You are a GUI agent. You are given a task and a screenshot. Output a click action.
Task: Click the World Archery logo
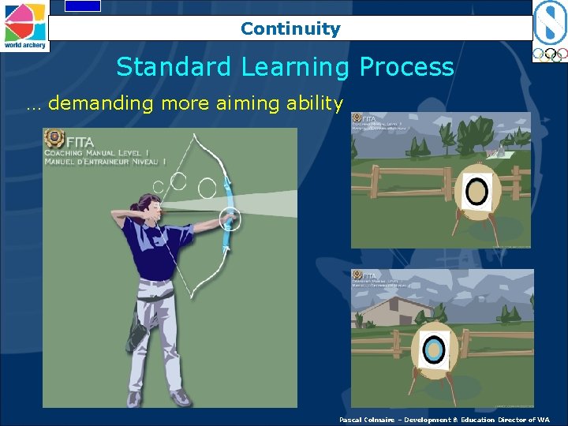(24, 25)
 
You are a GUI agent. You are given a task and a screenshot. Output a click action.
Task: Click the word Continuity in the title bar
(290, 29)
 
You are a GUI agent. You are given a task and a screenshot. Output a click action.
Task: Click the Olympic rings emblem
(549, 55)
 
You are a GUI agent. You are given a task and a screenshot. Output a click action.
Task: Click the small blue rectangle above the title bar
(82, 6)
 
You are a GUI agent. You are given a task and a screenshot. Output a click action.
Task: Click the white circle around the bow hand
(230, 219)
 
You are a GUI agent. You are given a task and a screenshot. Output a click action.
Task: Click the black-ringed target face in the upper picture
(476, 190)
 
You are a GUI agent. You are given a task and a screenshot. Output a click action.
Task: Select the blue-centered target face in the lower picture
(433, 349)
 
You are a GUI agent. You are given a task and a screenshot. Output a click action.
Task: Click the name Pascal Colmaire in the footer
(366, 420)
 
